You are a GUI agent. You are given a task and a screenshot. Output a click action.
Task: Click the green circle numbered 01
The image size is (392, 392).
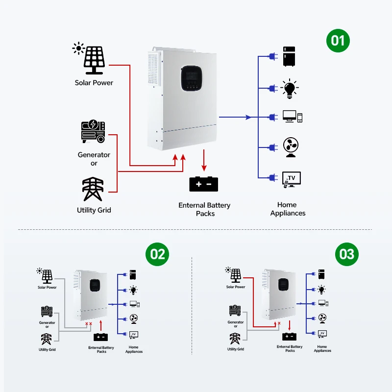339,40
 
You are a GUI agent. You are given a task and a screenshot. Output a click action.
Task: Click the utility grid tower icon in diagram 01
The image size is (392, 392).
93,189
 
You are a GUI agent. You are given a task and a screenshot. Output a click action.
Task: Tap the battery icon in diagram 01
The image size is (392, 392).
204,184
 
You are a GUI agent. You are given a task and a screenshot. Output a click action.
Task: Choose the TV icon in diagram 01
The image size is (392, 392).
292,178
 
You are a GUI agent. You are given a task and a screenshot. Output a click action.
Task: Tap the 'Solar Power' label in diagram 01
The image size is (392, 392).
94,83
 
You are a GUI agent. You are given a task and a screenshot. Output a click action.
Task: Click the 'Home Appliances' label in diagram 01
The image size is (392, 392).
288,209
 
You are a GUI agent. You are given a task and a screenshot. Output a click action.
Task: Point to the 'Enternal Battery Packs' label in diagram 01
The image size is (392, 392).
204,209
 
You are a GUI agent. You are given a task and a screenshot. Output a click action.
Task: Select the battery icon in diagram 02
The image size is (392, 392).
101,337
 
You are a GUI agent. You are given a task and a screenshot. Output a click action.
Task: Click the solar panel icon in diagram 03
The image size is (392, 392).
236,275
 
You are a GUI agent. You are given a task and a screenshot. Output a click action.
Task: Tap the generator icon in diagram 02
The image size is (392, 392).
47,312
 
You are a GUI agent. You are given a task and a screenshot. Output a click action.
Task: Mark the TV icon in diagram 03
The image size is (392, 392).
322,334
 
